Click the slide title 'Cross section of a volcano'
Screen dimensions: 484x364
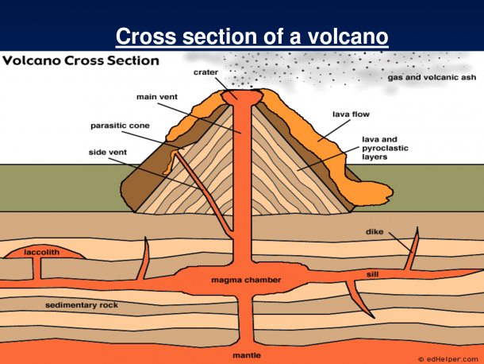[x=252, y=37]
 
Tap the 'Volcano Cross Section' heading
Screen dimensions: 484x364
[x=81, y=60]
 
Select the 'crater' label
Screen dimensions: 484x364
[x=206, y=72]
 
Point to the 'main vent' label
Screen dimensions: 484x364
[x=157, y=97]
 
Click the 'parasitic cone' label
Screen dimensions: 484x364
[x=120, y=126]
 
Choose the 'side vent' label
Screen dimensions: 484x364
[x=108, y=152]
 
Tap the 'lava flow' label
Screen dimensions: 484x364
[x=351, y=114]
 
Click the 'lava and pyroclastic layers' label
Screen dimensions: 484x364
[x=385, y=148]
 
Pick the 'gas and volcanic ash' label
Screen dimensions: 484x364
[x=432, y=77]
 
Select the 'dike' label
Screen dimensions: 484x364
[x=375, y=231]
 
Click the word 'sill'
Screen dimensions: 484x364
[x=372, y=274]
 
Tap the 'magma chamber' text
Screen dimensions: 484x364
[x=246, y=281]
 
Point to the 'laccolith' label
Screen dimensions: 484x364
[x=42, y=253]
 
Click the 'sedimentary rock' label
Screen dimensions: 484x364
[x=82, y=305]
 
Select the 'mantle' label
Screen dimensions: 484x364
[x=247, y=355]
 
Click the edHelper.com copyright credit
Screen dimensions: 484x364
[x=448, y=359]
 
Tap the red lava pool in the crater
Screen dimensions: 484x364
[x=242, y=96]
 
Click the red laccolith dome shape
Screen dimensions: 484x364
[x=44, y=253]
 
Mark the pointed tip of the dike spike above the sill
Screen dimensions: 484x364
[x=417, y=227]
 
